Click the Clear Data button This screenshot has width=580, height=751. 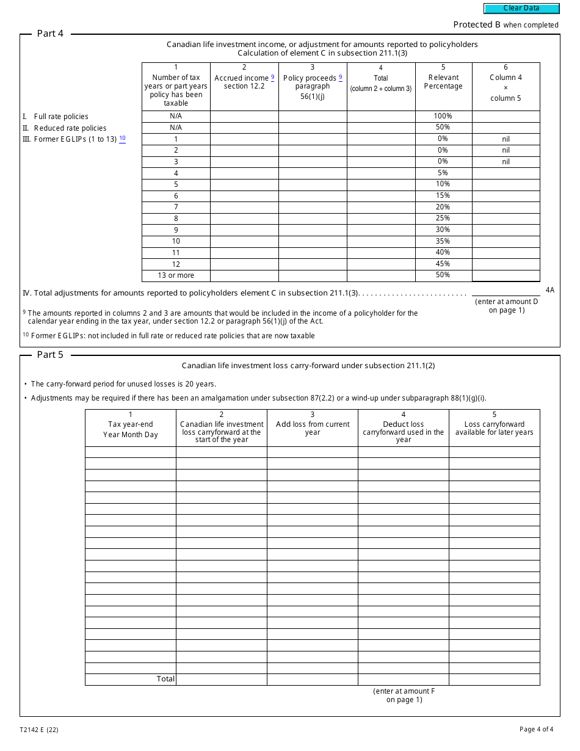pos(521,9)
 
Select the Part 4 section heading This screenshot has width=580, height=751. pos(50,34)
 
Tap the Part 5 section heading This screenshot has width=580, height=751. pos(50,355)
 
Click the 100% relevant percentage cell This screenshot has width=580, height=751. pos(443,116)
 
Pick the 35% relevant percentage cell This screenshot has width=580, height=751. pos(443,241)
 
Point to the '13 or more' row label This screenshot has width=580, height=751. pos(176,275)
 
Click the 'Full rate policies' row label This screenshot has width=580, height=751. pos(61,117)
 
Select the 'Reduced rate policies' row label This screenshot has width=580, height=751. pos(70,128)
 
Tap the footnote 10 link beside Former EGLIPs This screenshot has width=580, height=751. pos(122,139)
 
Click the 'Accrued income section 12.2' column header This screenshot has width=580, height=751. pos(244,82)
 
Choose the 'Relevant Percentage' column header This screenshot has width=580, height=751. pos(443,82)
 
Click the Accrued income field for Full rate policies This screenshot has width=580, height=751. pos(244,116)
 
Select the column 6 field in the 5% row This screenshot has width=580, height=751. pos(506,173)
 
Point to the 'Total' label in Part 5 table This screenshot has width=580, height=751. pos(165,679)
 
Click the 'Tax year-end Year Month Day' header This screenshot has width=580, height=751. pos(130,429)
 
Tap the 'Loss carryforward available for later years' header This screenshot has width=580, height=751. pos(494,429)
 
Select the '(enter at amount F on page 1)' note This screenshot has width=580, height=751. pos(404,695)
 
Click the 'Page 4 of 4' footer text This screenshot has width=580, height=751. pos(536,729)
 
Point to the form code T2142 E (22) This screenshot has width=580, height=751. pos(39,730)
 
